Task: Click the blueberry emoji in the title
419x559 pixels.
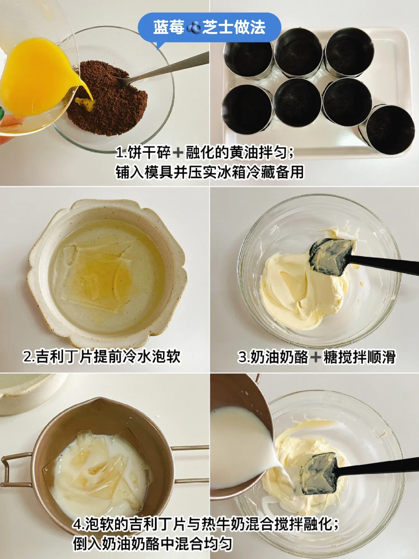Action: click(x=194, y=27)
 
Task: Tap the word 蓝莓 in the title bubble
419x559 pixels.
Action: click(x=169, y=27)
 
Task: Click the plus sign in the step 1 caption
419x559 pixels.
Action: click(x=178, y=153)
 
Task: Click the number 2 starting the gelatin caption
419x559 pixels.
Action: click(x=27, y=356)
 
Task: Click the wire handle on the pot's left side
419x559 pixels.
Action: click(x=15, y=468)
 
